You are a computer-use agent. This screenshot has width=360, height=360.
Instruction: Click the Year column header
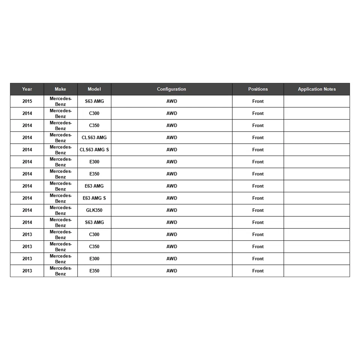[x=27, y=89]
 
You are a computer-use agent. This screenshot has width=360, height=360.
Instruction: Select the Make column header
[x=60, y=89]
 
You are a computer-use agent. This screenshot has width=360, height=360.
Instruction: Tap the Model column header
[x=94, y=89]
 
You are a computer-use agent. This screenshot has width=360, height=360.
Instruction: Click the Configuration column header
[x=171, y=89]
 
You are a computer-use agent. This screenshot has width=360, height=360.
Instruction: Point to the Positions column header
[x=258, y=89]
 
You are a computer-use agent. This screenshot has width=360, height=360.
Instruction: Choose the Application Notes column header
[x=317, y=89]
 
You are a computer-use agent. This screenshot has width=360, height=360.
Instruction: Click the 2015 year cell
[x=27, y=101]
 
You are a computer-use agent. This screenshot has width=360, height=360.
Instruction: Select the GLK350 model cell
[x=94, y=210]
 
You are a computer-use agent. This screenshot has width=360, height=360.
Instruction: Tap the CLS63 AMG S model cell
[x=94, y=150]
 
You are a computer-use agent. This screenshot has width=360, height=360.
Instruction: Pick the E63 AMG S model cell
[x=94, y=198]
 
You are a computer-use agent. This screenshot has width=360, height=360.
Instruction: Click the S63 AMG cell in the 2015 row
[x=94, y=101]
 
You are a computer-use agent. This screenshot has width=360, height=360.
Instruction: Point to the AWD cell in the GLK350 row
[x=172, y=210]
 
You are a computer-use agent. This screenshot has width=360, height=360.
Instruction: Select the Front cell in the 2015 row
[x=258, y=101]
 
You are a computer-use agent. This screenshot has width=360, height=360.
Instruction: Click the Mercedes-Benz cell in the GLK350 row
[x=60, y=210]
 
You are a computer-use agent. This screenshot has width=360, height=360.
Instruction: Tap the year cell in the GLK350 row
[x=27, y=210]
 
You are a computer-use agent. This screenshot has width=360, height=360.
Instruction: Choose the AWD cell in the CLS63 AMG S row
[x=172, y=150]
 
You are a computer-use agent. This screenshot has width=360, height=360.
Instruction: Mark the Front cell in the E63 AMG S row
[x=258, y=198]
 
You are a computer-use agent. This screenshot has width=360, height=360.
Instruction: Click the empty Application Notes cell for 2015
[x=317, y=101]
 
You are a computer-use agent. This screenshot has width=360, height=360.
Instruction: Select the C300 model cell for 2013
[x=94, y=234]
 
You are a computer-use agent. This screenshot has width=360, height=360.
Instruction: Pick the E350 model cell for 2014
[x=94, y=174]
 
